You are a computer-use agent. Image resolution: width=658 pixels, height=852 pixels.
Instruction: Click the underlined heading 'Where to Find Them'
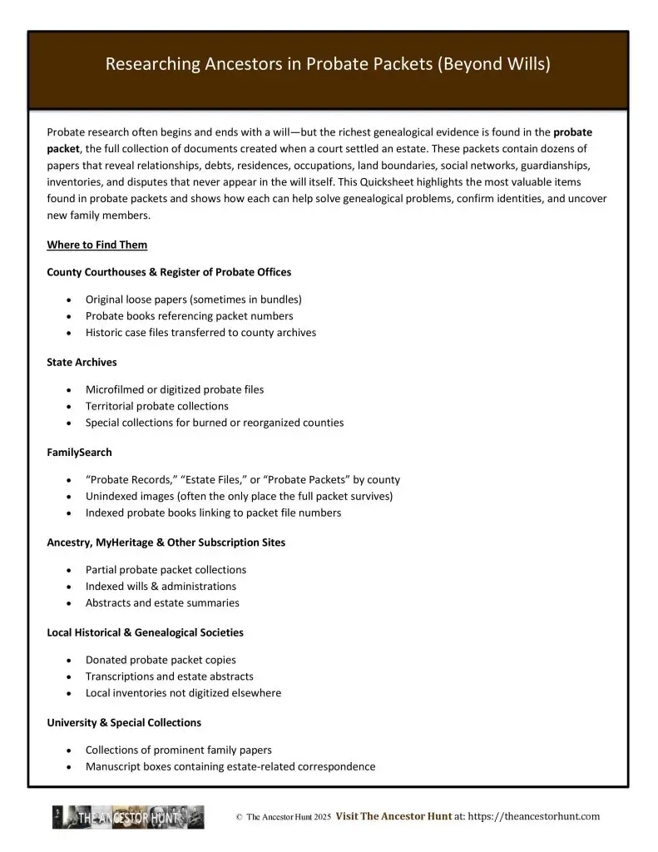[97, 245]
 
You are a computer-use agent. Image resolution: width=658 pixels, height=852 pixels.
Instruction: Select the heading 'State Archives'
[82, 362]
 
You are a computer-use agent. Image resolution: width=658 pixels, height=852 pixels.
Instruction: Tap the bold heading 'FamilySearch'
[79, 453]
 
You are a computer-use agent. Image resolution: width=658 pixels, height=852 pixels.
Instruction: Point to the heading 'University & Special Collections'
[124, 722]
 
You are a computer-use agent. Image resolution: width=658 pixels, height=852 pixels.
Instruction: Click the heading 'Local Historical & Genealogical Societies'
[145, 632]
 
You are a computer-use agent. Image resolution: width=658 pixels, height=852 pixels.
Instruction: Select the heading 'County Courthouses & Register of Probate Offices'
[169, 272]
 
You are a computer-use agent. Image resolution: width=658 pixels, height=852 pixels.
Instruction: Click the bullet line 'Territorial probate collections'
[156, 406]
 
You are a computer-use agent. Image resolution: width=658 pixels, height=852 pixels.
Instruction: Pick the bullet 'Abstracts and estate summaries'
[162, 602]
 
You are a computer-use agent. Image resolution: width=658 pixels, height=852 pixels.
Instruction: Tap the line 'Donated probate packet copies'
[161, 660]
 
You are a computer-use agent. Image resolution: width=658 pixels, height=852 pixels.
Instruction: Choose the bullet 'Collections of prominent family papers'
[178, 750]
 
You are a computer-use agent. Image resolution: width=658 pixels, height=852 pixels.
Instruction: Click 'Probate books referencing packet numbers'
[189, 316]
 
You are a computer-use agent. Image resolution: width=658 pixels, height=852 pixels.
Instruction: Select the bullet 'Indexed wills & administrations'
[161, 586]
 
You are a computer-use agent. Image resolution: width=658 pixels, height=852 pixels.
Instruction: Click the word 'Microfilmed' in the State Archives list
[116, 389]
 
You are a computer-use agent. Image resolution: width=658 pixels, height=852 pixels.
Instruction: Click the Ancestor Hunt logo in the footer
[128, 817]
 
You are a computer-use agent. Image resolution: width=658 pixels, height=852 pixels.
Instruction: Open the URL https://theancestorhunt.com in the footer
[534, 817]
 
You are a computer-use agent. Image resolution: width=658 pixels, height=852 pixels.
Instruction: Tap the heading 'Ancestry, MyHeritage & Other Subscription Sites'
[166, 542]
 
